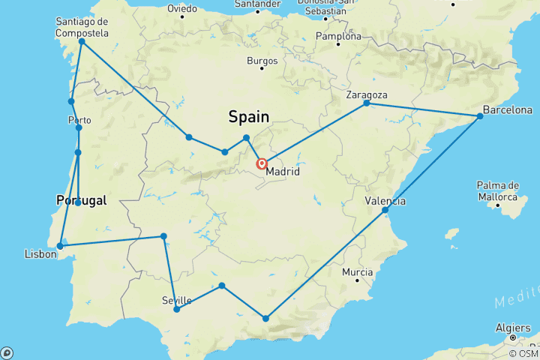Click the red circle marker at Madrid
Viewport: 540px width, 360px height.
coord(262,164)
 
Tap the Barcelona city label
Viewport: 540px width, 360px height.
coord(508,110)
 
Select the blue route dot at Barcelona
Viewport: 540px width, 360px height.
coord(480,116)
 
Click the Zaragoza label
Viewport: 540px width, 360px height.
coord(367,95)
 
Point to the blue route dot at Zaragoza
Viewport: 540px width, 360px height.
coord(367,103)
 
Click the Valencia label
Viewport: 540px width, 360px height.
coord(385,201)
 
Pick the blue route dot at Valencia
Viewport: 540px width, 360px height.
coord(385,210)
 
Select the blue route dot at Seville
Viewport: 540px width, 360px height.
coord(176,309)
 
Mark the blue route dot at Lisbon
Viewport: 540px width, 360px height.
coord(60,245)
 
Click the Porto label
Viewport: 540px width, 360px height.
coord(79,120)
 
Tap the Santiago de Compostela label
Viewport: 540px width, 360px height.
coord(82,28)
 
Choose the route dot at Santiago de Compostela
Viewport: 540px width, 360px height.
coord(82,42)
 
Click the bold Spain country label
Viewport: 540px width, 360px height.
coord(248,116)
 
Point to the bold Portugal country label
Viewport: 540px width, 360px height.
coord(81,200)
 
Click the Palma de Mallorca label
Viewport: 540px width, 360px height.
coord(498,190)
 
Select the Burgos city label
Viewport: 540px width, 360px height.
coord(262,61)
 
